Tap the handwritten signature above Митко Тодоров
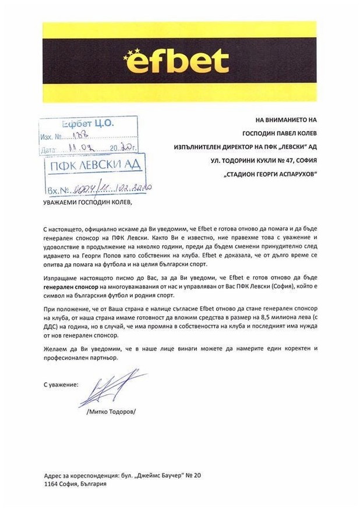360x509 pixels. [x=111, y=390]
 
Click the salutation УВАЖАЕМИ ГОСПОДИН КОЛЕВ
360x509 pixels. [x=88, y=202]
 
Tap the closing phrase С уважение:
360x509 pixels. [x=61, y=385]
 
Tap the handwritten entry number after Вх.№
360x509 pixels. [x=111, y=189]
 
